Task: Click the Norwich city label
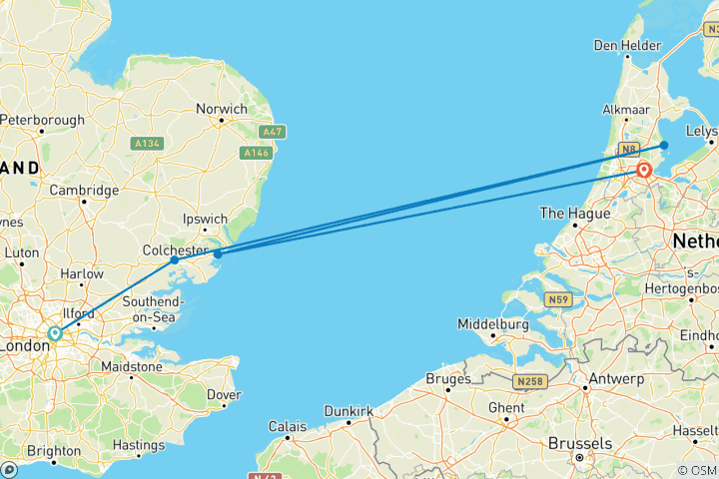click(x=222, y=109)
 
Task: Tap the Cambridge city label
click(x=85, y=190)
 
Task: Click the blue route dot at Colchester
click(x=175, y=259)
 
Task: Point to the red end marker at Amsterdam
click(x=644, y=171)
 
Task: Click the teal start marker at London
click(x=55, y=334)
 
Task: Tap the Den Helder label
click(x=627, y=45)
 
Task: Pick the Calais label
click(x=288, y=426)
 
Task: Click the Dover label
click(x=224, y=394)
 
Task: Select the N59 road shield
click(x=557, y=298)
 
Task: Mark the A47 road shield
click(x=270, y=132)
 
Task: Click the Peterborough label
click(x=42, y=120)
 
